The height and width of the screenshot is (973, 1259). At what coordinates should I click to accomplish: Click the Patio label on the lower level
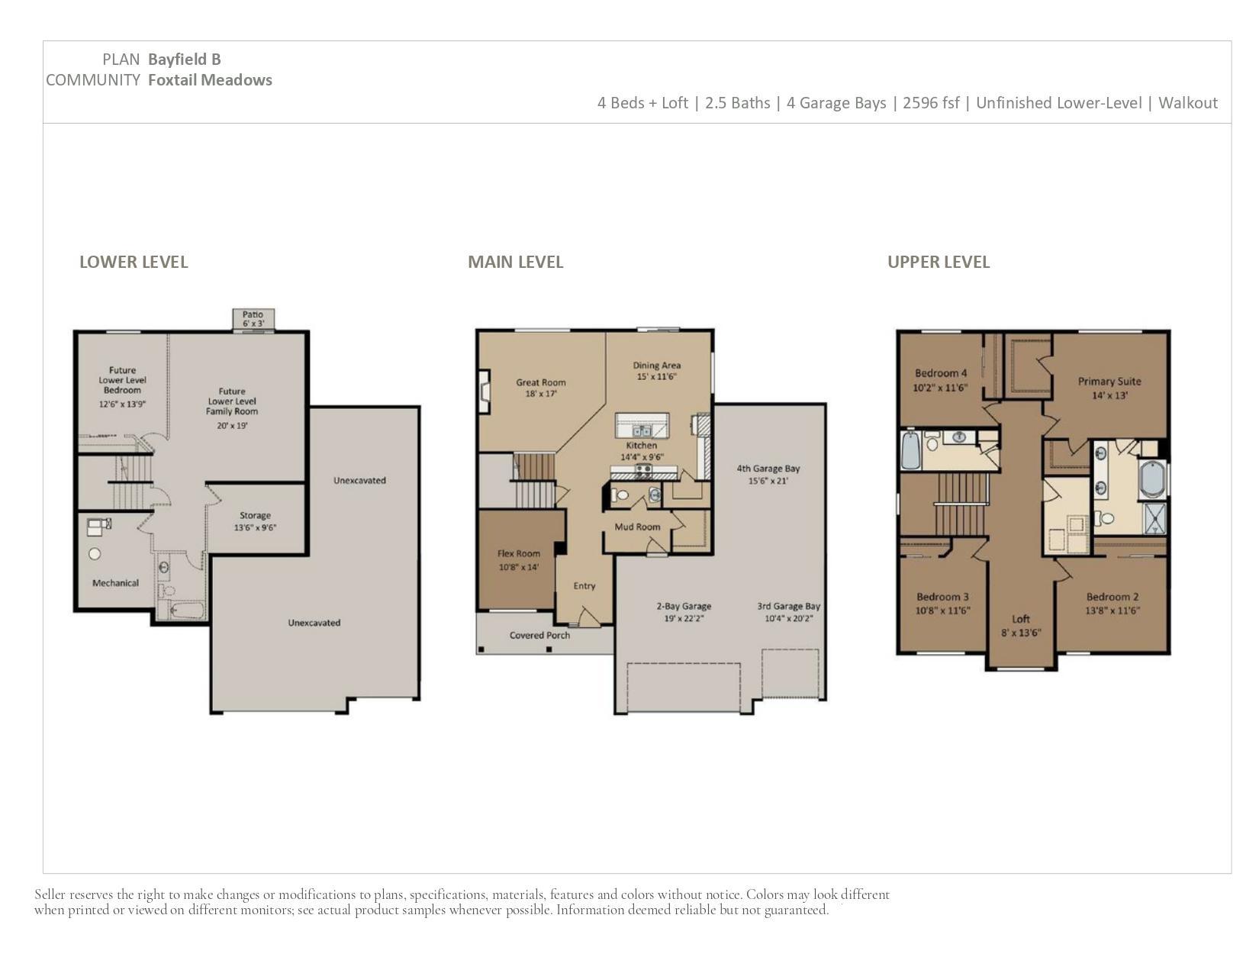[253, 314]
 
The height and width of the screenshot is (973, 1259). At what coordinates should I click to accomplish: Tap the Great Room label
[540, 382]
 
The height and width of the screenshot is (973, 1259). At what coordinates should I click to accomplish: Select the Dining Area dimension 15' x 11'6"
[656, 377]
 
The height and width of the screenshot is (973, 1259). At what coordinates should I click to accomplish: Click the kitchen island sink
[642, 430]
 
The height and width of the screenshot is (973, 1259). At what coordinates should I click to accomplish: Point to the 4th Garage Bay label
[768, 469]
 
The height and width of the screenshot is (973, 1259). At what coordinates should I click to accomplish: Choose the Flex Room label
[519, 553]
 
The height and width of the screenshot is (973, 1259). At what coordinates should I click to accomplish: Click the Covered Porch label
[539, 635]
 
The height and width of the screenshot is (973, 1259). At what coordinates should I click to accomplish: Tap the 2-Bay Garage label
[684, 606]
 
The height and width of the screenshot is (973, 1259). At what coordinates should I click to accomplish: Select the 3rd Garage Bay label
[788, 606]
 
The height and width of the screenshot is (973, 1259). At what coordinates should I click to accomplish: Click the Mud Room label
[637, 527]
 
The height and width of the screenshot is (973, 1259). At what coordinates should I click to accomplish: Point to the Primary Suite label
[1109, 382]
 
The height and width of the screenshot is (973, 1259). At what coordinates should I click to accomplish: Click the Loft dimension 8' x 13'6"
[1021, 633]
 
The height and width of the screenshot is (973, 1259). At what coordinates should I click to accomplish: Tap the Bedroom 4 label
[941, 373]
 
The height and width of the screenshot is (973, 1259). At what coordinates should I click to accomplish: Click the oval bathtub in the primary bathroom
[1153, 479]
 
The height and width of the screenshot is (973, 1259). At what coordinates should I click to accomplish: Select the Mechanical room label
[115, 583]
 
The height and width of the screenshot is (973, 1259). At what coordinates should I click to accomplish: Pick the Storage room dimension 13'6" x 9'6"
[255, 528]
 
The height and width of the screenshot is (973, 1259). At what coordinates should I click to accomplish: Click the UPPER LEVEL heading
[939, 262]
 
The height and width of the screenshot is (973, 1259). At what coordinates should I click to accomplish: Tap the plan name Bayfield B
[184, 59]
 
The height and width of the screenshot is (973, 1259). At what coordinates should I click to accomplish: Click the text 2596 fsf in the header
[931, 103]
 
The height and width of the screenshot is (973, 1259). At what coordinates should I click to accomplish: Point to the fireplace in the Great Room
[485, 391]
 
